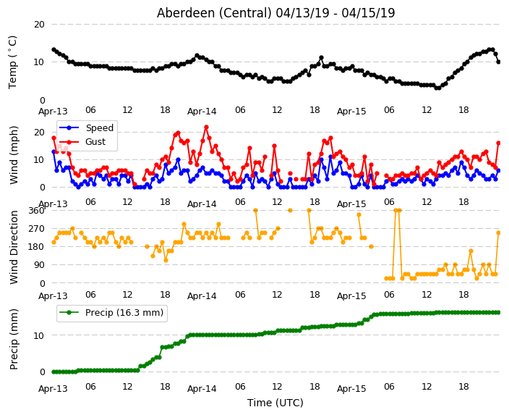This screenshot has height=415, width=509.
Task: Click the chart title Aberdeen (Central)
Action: click(x=214, y=13)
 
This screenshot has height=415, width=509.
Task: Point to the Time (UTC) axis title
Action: click(x=275, y=403)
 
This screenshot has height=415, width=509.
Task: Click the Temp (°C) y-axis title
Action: click(x=12, y=62)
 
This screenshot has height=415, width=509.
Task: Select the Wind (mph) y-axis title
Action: click(x=14, y=155)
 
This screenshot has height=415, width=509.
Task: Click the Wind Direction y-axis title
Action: click(x=14, y=247)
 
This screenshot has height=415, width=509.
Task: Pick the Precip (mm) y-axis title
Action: click(x=14, y=339)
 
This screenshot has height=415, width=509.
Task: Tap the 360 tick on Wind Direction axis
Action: click(x=36, y=211)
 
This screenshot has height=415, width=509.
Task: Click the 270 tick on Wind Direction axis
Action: click(x=36, y=229)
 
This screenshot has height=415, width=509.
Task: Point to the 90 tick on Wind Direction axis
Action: click(x=39, y=265)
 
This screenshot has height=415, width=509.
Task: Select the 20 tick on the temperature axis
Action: click(x=39, y=25)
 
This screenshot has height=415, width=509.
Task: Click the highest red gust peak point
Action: click(x=207, y=127)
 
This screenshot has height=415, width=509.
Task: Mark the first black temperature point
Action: click(x=54, y=49)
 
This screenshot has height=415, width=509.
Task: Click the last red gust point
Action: click(x=499, y=143)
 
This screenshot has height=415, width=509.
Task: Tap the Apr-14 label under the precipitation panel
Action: click(x=202, y=389)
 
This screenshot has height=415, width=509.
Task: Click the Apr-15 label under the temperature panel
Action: click(x=351, y=112)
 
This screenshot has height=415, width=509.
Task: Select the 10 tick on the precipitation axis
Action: click(x=39, y=335)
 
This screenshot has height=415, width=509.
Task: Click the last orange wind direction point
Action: click(x=499, y=233)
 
